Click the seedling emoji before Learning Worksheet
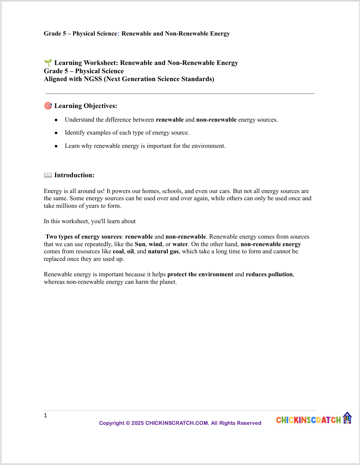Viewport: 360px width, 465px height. pyautogui.click(x=48, y=63)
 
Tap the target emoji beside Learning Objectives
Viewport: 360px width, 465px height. pyautogui.click(x=48, y=106)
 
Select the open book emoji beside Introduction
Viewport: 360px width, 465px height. pyautogui.click(x=48, y=175)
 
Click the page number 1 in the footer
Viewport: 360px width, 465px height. pyautogui.click(x=46, y=415)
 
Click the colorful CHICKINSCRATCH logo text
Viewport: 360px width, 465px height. pyautogui.click(x=308, y=420)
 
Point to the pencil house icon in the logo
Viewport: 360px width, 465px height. pyautogui.click(x=347, y=418)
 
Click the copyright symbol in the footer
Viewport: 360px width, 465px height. pyautogui.click(x=127, y=423)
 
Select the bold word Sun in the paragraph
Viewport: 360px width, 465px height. pyautogui.click(x=140, y=244)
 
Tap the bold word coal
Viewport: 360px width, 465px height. pyautogui.click(x=118, y=252)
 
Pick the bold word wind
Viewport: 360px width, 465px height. pyautogui.click(x=155, y=244)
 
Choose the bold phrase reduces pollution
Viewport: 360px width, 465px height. pyautogui.click(x=269, y=274)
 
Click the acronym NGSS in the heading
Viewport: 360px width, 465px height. pyautogui.click(x=93, y=79)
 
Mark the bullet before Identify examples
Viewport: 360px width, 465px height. pyautogui.click(x=56, y=133)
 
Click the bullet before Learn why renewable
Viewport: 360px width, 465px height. pyautogui.click(x=56, y=146)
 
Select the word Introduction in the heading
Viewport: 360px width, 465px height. pyautogui.click(x=74, y=175)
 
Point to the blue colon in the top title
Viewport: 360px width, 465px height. pyautogui.click(x=118, y=34)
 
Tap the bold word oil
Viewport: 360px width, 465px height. pyautogui.click(x=130, y=252)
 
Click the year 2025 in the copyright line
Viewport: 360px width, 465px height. pyautogui.click(x=137, y=423)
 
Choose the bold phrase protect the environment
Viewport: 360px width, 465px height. pyautogui.click(x=200, y=274)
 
